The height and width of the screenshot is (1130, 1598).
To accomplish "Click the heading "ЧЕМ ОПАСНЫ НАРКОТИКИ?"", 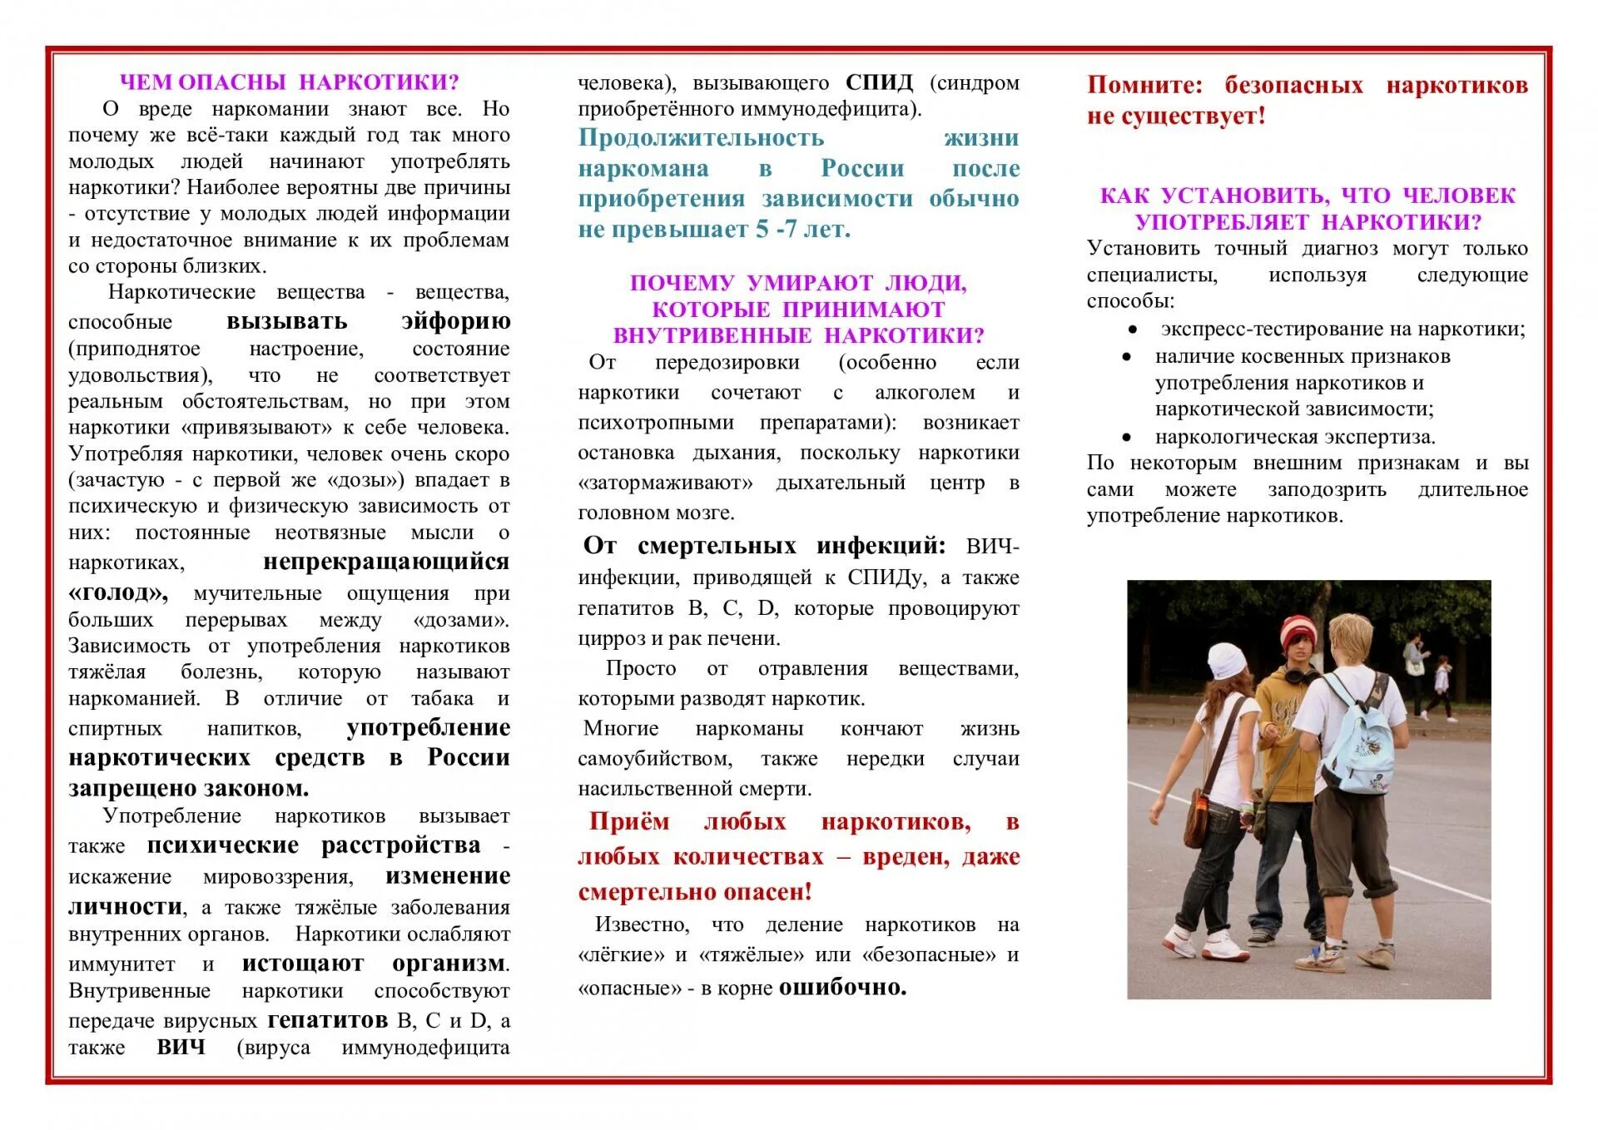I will pyautogui.click(x=289, y=82).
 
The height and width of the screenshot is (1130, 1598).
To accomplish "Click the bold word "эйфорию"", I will pyautogui.click(x=455, y=321).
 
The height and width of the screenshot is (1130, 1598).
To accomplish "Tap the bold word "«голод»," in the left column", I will pyautogui.click(x=118, y=592).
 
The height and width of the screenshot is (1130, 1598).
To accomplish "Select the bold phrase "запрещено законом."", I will pyautogui.click(x=188, y=787).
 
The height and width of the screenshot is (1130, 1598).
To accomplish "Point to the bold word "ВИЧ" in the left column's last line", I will pyautogui.click(x=181, y=1047).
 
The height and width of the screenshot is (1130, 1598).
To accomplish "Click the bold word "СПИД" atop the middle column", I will pyautogui.click(x=879, y=82).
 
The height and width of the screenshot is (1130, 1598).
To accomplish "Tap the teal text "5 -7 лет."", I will pyautogui.click(x=803, y=229).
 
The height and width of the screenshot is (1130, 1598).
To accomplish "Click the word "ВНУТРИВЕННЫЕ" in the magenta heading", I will pyautogui.click(x=711, y=335).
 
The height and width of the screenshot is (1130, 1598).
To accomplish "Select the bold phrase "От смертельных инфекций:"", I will pyautogui.click(x=764, y=546).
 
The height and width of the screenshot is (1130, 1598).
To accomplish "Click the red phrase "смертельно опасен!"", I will pyautogui.click(x=694, y=892).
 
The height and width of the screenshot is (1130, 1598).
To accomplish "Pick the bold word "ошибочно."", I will pyautogui.click(x=842, y=988).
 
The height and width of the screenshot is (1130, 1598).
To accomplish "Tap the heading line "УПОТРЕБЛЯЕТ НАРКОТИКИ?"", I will pyautogui.click(x=1308, y=222).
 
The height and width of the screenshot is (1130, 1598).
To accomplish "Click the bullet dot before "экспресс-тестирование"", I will pyautogui.click(x=1132, y=330).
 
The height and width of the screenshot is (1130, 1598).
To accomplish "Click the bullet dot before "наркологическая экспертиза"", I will pyautogui.click(x=1127, y=438).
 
